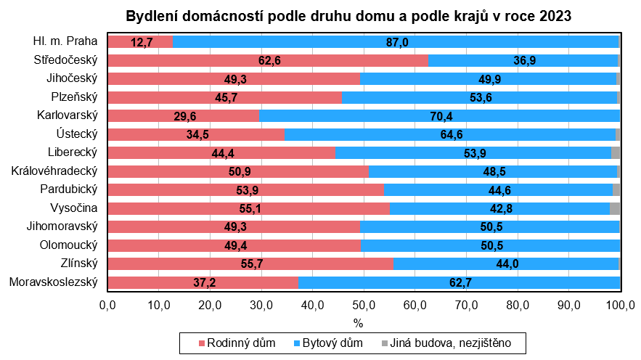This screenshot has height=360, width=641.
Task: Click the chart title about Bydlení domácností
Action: pyautogui.click(x=348, y=15)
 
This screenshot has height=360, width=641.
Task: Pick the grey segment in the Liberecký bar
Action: pyautogui.click(x=616, y=152)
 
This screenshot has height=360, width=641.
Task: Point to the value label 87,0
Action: pyautogui.click(x=397, y=42)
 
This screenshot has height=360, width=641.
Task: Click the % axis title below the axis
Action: pyautogui.click(x=358, y=322)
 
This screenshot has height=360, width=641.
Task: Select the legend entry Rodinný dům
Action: pyautogui.click(x=237, y=343)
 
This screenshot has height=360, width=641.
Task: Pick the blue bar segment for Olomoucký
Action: pyautogui.click(x=490, y=245)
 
